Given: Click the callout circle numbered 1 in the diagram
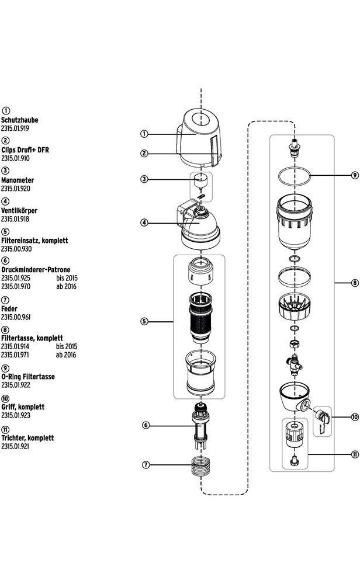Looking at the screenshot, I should [144, 134].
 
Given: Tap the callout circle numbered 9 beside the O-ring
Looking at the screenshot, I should [355, 175].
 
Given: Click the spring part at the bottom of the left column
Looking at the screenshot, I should [201, 466].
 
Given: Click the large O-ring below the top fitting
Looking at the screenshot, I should [294, 175].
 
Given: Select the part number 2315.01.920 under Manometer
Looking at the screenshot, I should [15, 189].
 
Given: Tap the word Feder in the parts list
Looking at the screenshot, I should [9, 308].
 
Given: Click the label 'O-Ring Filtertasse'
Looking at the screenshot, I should [28, 377].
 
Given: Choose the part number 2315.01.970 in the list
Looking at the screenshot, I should [15, 287].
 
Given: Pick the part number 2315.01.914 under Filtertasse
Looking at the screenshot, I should [15, 346].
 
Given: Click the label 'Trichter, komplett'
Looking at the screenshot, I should [27, 437].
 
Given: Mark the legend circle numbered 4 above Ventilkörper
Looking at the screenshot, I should [6, 201].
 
